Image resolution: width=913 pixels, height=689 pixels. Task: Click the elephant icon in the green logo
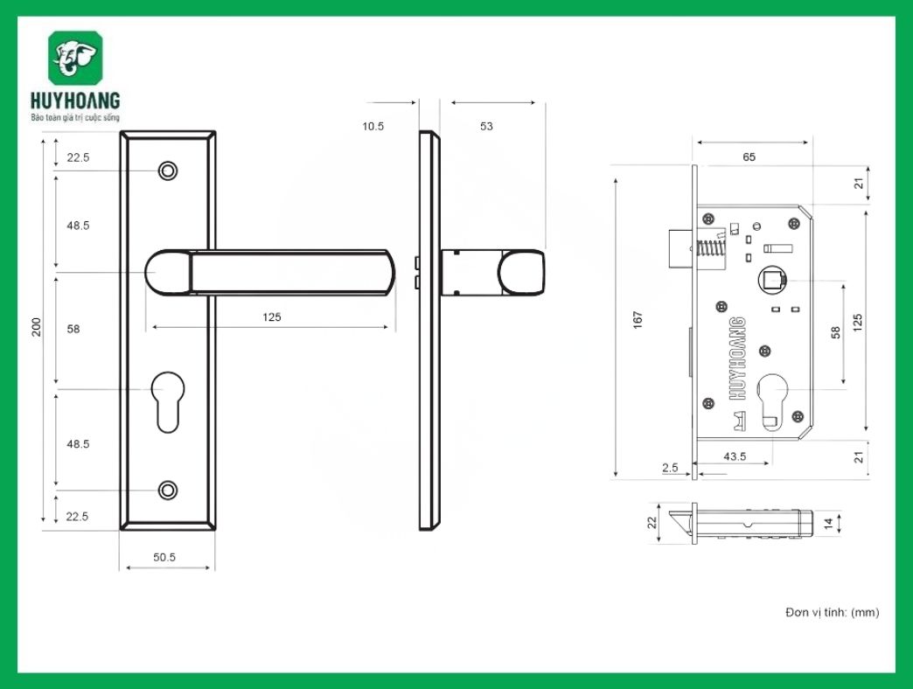pos(74,59)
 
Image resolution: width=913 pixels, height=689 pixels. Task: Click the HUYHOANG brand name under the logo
pos(74,101)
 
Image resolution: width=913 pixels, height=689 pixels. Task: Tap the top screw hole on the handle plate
pos(168,171)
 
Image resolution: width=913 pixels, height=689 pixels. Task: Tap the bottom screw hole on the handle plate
pos(168,490)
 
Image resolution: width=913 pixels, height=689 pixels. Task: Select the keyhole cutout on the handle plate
pos(168,398)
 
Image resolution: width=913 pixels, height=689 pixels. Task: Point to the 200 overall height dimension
pos(37,328)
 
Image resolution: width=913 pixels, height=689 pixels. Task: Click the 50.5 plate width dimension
pos(164,557)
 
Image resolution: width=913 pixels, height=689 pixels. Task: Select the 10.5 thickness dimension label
pos(373,127)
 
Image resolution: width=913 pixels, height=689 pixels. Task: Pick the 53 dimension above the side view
pos(486,127)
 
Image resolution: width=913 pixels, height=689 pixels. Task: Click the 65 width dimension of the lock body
pos(749,157)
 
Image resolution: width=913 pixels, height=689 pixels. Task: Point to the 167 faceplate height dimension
pos(638,319)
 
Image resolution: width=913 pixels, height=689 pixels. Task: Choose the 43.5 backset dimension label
pos(735,456)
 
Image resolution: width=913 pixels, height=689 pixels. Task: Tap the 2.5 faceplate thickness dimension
pos(671,468)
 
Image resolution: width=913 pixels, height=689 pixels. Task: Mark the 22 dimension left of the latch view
pos(651,523)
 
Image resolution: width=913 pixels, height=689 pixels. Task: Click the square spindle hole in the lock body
pos(772,281)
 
